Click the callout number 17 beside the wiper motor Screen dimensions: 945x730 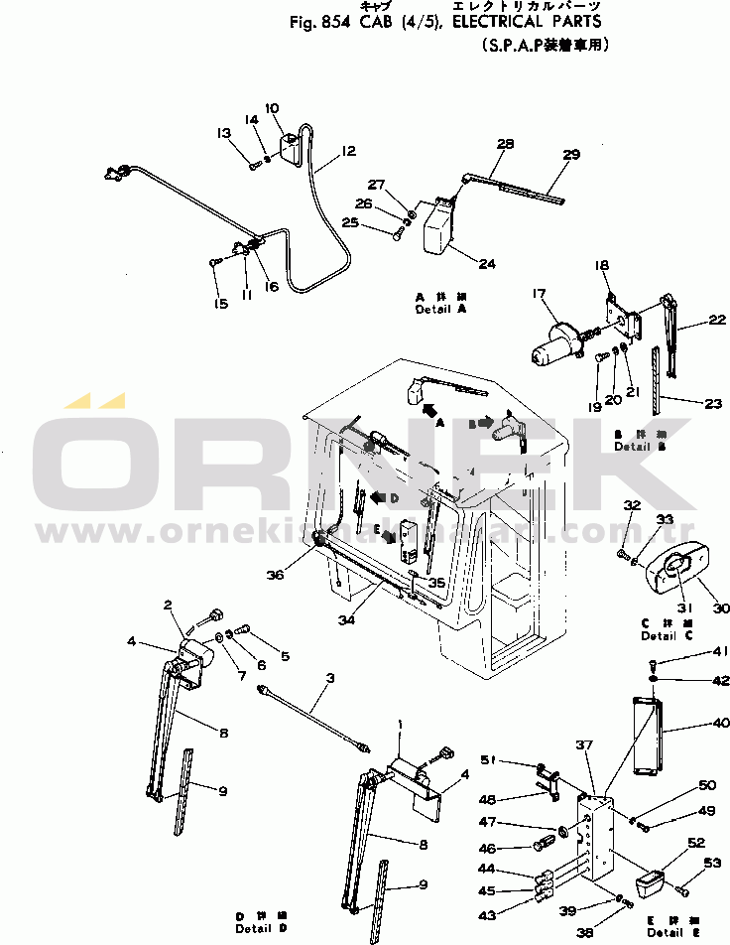pyautogui.click(x=540, y=294)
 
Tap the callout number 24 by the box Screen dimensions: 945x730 pyautogui.click(x=486, y=263)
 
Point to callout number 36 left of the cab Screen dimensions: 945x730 pyautogui.click(x=275, y=573)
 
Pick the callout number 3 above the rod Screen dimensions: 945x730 pyautogui.click(x=329, y=679)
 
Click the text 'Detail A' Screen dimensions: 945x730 pyautogui.click(x=440, y=310)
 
